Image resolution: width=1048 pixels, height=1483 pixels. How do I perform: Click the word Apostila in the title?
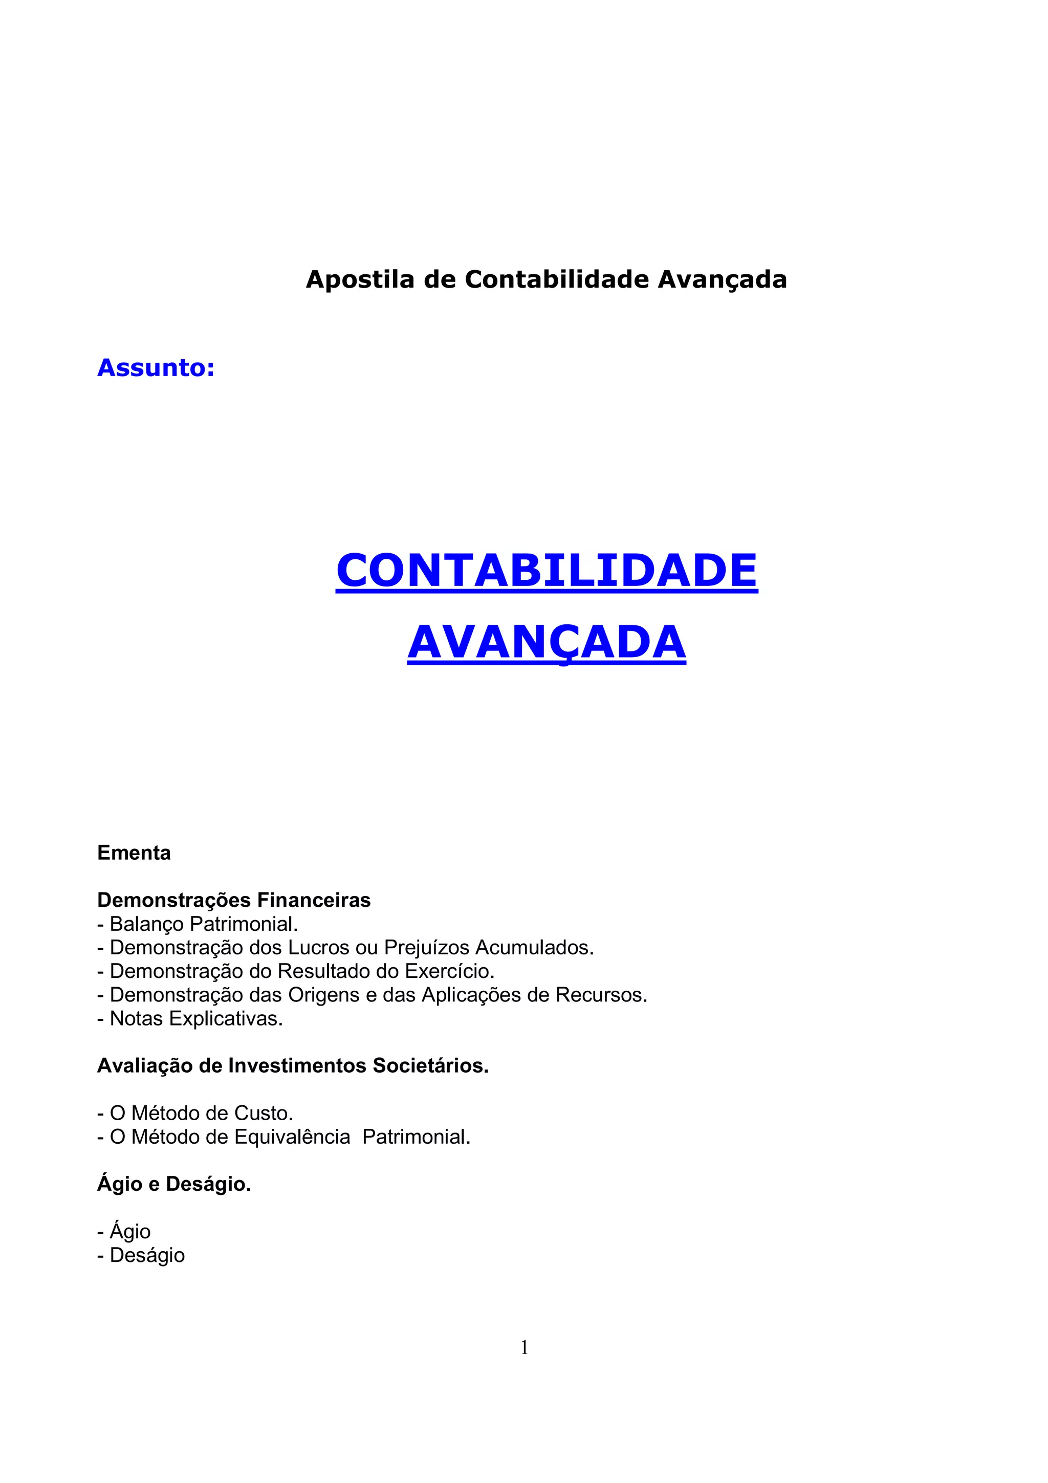(360, 280)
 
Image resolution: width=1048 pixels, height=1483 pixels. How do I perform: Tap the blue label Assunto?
(156, 367)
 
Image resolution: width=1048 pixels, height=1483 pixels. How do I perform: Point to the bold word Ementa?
(134, 853)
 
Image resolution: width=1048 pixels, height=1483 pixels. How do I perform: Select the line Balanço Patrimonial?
(198, 924)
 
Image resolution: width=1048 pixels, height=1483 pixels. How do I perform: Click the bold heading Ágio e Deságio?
(173, 1184)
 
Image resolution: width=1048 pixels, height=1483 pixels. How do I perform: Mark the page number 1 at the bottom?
(525, 1347)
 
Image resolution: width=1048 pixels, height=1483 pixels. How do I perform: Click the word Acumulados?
(535, 948)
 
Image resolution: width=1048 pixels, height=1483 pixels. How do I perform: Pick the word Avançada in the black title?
(722, 280)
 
